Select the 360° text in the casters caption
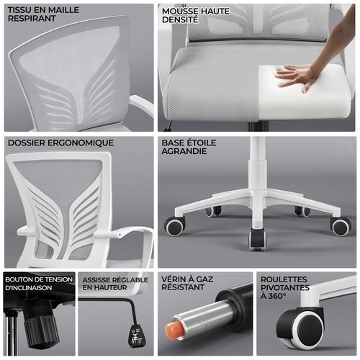click(274, 296)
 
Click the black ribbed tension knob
click(40, 328)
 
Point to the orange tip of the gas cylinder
click(174, 330)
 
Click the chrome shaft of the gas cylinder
click(202, 318)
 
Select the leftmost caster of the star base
click(175, 226)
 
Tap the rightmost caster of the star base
click(340, 226)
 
